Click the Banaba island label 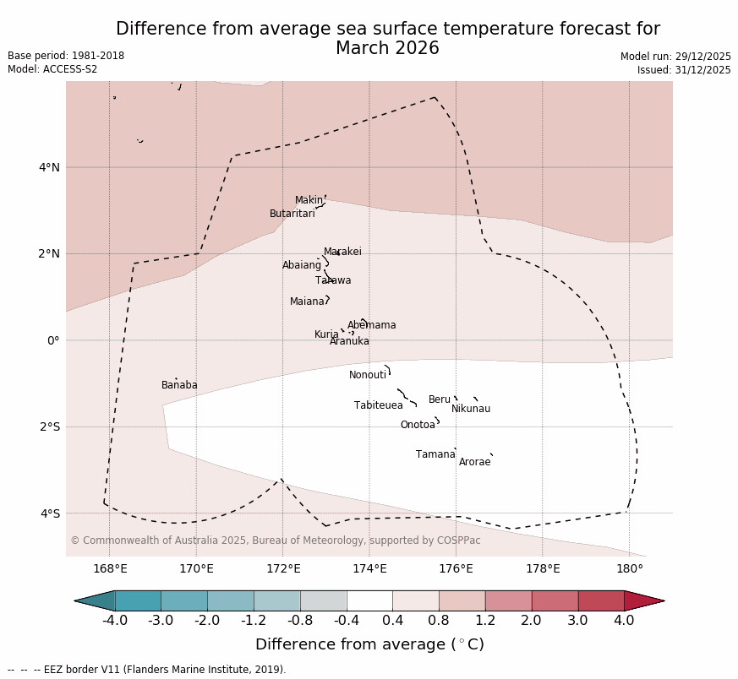(x=179, y=385)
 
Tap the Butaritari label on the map (x=292, y=214)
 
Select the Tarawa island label (x=333, y=280)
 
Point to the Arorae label (x=474, y=462)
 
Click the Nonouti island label (x=368, y=375)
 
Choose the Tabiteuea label (x=379, y=405)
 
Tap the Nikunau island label (x=471, y=409)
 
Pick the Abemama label (x=371, y=325)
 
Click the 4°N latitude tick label (x=49, y=167)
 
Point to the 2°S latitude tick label (x=49, y=426)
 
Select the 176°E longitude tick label (x=456, y=568)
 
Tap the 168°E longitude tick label (x=110, y=568)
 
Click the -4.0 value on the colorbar (x=115, y=621)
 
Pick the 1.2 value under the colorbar (x=485, y=621)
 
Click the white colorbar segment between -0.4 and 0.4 (x=369, y=600)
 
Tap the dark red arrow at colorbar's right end (x=643, y=600)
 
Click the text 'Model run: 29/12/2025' (x=675, y=57)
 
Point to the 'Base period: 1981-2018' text (x=66, y=56)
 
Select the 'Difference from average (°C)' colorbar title (x=369, y=644)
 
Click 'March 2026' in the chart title (x=387, y=48)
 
